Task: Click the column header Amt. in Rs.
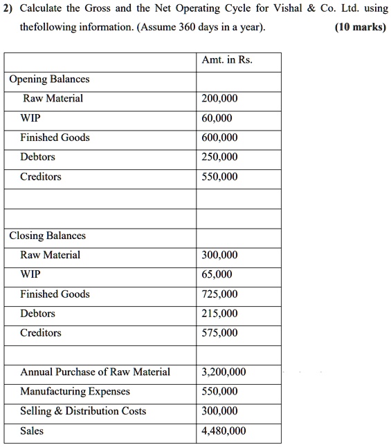coord(226,60)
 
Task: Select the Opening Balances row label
coord(49,79)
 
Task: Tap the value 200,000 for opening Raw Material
coord(219,99)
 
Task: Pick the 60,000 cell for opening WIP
coord(217,118)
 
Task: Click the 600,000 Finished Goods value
coord(219,137)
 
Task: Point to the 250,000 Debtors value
coord(219,157)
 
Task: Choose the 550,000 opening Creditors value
coord(219,177)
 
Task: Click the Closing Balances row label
coord(47,236)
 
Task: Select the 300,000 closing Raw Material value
coord(219,256)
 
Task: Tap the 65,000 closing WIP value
coord(217,275)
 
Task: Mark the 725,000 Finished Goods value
coord(219,294)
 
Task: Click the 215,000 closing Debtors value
coord(219,314)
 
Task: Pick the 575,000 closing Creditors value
coord(219,333)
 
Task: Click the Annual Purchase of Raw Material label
coord(95,372)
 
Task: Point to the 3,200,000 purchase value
coord(224,372)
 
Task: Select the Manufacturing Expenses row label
coord(75,392)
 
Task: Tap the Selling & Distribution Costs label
coord(83,411)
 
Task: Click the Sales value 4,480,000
coord(224,431)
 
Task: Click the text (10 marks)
coord(360,30)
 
